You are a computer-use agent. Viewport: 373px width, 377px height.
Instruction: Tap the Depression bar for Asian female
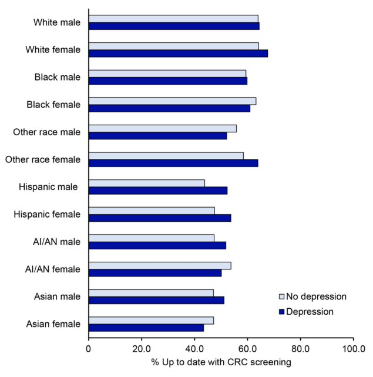pyautogui.click(x=146, y=327)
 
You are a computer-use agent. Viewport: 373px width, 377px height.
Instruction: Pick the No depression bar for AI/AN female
pyautogui.click(x=160, y=265)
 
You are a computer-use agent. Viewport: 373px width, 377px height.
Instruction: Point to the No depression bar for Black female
pyautogui.click(x=172, y=101)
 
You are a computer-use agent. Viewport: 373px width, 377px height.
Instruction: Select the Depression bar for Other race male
pyautogui.click(x=157, y=136)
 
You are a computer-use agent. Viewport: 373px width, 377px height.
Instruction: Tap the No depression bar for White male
pyautogui.click(x=173, y=19)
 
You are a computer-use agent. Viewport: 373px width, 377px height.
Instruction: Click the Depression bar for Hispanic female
pyautogui.click(x=160, y=218)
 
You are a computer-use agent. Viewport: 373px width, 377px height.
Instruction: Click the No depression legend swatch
pyautogui.click(x=282, y=296)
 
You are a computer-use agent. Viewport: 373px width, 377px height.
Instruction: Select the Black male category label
pyautogui.click(x=59, y=77)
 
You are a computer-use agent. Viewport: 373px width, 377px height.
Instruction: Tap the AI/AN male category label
pyautogui.click(x=57, y=242)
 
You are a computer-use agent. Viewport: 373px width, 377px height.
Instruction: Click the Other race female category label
pyautogui.click(x=43, y=159)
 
